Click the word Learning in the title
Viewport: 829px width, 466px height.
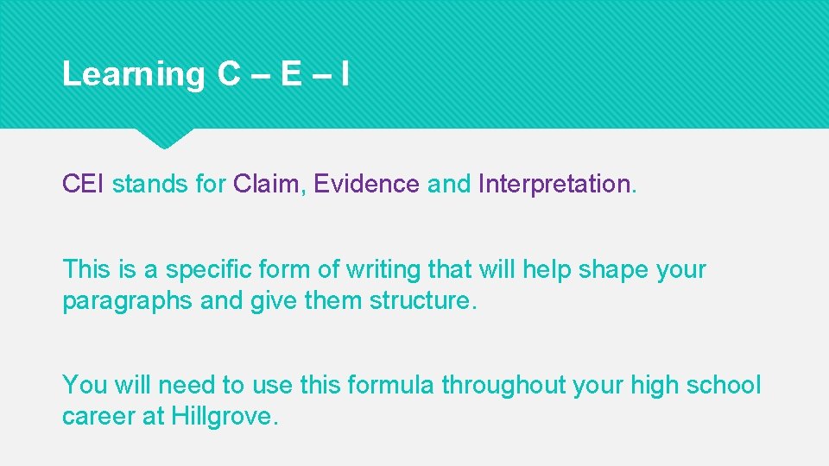click(x=133, y=75)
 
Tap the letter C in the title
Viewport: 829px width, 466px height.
click(x=229, y=74)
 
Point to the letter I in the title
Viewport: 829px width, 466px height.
click(x=345, y=74)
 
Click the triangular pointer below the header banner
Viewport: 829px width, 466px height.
click(x=163, y=137)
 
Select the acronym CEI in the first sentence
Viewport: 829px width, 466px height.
click(x=84, y=184)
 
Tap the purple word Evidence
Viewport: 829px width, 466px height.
click(x=366, y=184)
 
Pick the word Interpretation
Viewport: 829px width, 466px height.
click(x=554, y=184)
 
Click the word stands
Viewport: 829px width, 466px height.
click(x=150, y=184)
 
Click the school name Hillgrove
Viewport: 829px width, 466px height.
click(x=223, y=417)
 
